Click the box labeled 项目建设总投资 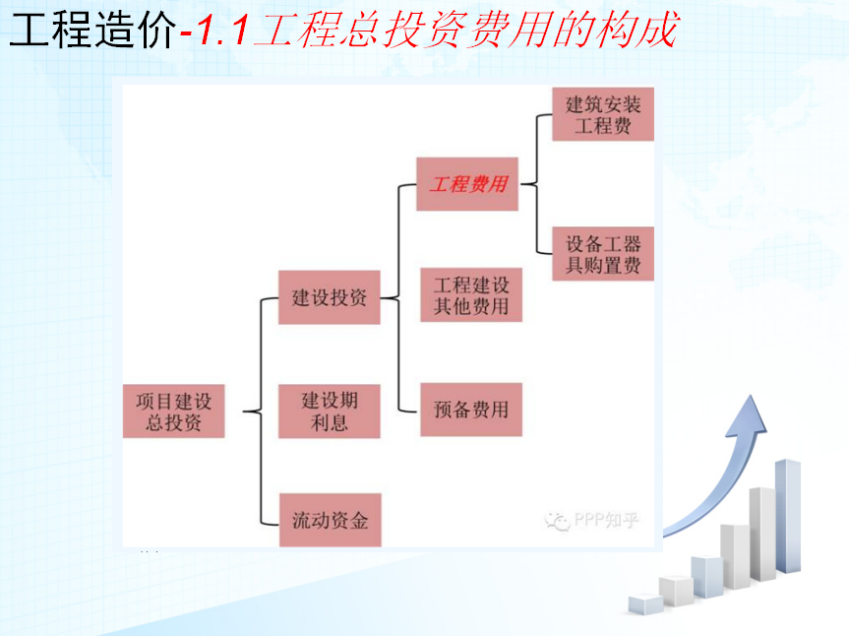coord(173,412)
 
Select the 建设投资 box coord(330,297)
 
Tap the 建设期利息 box coord(330,412)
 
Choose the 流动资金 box coord(331,520)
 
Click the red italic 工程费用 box coord(467,184)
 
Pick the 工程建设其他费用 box coord(471,295)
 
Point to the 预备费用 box coord(471,410)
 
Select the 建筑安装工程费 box coord(603,114)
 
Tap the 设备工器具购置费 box coord(603,254)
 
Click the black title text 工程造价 coord(93,30)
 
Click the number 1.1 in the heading coord(221,30)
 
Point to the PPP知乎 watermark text coord(606,520)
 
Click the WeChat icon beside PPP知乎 coord(558,521)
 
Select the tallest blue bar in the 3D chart coord(788,516)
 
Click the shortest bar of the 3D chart coord(645,604)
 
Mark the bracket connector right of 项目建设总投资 coord(261,412)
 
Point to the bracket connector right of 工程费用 coord(536,184)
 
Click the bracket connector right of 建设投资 coord(398,298)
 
